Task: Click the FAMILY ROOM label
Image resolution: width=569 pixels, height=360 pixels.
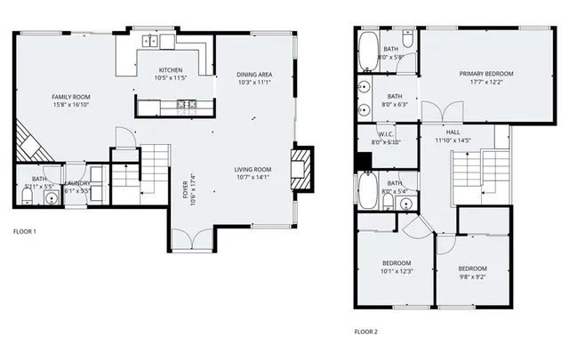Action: point(70,97)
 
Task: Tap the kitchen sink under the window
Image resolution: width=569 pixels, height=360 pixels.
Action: point(152,40)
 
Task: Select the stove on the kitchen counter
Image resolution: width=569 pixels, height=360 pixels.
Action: point(188,106)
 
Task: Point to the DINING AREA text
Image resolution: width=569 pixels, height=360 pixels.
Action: point(253,74)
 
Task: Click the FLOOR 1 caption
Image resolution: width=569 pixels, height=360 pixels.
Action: point(24,232)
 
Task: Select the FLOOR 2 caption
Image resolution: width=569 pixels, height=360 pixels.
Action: point(365,332)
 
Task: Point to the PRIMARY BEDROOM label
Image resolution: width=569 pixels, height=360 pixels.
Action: point(486,74)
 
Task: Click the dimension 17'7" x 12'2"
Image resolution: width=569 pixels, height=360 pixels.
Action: point(486,83)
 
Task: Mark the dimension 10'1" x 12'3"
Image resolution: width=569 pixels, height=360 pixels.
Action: point(397,271)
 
